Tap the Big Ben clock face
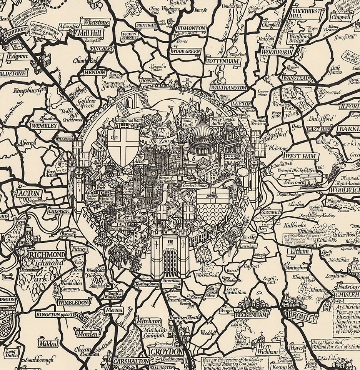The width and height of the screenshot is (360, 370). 153,173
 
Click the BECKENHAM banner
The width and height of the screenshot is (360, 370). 253,315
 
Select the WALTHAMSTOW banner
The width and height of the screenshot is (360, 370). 228,87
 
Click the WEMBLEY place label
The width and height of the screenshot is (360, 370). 45,126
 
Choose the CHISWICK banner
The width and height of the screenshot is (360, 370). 58,211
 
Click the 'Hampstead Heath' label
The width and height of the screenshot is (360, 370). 130,120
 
